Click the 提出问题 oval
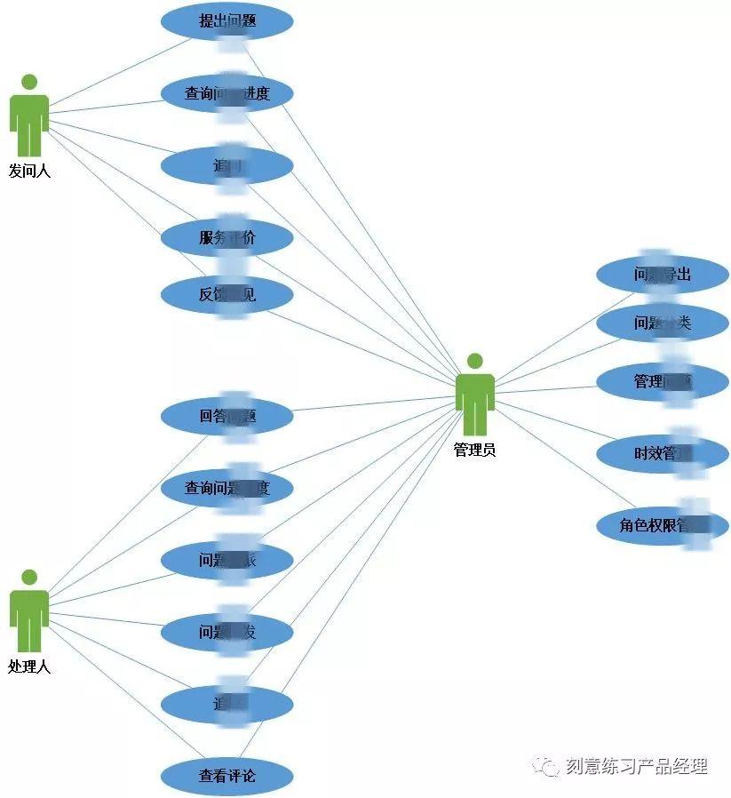226,21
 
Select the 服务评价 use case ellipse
226,237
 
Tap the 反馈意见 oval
226,294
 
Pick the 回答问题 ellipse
226,416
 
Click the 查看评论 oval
226,776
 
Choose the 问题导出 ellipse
662,275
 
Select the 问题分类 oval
662,323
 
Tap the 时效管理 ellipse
662,454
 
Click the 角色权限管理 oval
662,524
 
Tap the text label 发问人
29,172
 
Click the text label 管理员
475,451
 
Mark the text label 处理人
29,666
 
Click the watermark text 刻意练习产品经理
636,766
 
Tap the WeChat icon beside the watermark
545,767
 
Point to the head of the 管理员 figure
475,361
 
